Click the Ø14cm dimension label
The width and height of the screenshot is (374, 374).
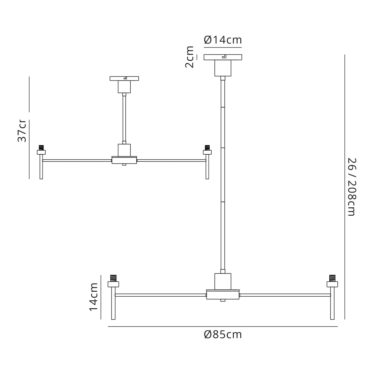(223, 40)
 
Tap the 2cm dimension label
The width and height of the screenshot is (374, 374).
(190, 57)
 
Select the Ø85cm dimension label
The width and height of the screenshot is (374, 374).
(223, 335)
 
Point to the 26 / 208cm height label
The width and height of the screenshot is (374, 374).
(352, 187)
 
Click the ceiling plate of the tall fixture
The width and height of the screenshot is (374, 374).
(223, 57)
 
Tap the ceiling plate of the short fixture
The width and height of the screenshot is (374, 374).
(124, 79)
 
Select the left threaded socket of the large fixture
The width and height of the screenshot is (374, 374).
(113, 278)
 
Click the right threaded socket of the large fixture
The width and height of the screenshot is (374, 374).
(332, 278)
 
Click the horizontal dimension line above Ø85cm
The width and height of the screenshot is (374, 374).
(223, 326)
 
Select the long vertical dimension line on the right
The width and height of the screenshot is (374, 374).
(344, 187)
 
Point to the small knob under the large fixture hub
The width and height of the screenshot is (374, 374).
(223, 300)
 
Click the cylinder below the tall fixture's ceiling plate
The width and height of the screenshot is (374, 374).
(223, 68)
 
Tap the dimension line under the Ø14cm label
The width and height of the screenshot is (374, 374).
(223, 47)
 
